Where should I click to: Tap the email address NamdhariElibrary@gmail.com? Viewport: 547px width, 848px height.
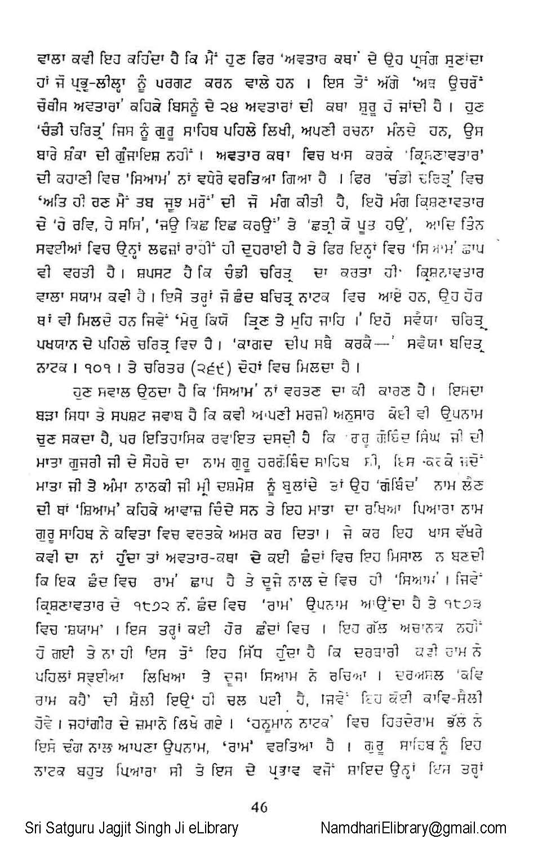(x=413, y=828)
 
